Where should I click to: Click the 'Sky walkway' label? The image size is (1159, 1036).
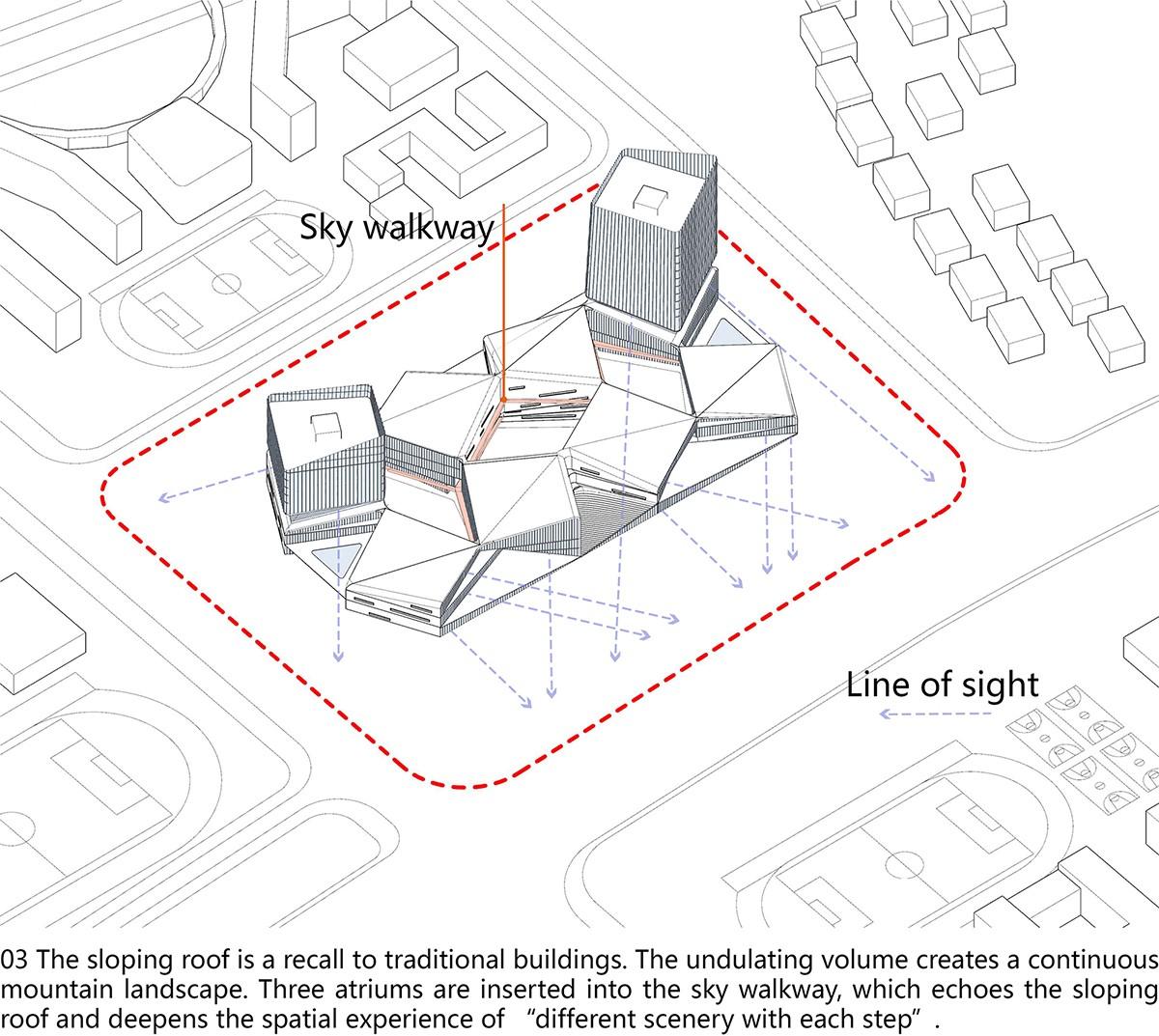tap(396, 228)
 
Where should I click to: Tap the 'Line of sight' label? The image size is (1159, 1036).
tap(943, 686)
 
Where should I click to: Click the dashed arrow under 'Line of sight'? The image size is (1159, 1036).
tap(935, 714)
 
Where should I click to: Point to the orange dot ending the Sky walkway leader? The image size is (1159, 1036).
tap(503, 399)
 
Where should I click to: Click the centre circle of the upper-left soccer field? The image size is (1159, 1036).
tap(226, 283)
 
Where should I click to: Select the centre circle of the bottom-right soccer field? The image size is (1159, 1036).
tap(903, 864)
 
